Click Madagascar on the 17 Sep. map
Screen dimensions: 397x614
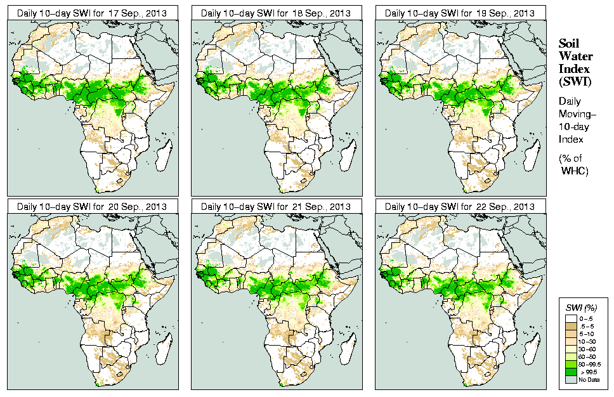click(x=164, y=153)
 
